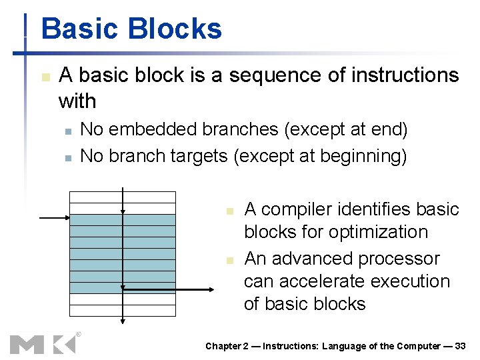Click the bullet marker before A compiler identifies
pos(229,211)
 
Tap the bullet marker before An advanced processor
pos(229,259)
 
